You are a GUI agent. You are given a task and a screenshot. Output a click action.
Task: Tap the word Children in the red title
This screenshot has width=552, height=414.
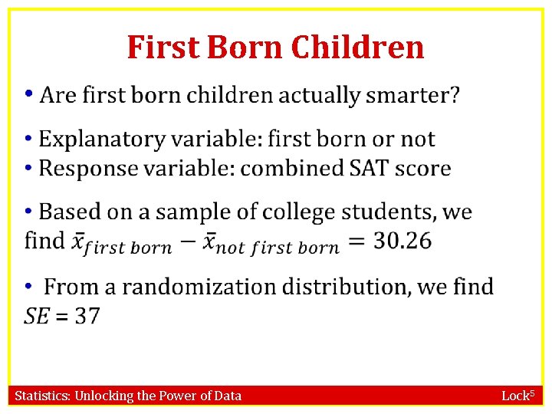tap(358, 47)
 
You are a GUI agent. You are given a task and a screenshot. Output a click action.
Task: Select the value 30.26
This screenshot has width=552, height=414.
tap(402, 241)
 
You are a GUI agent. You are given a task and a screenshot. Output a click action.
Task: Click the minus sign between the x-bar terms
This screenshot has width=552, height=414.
tap(187, 242)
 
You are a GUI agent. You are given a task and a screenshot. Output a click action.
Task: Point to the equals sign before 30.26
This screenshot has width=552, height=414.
tap(356, 242)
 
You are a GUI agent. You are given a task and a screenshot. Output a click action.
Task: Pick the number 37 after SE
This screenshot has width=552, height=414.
tap(87, 316)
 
